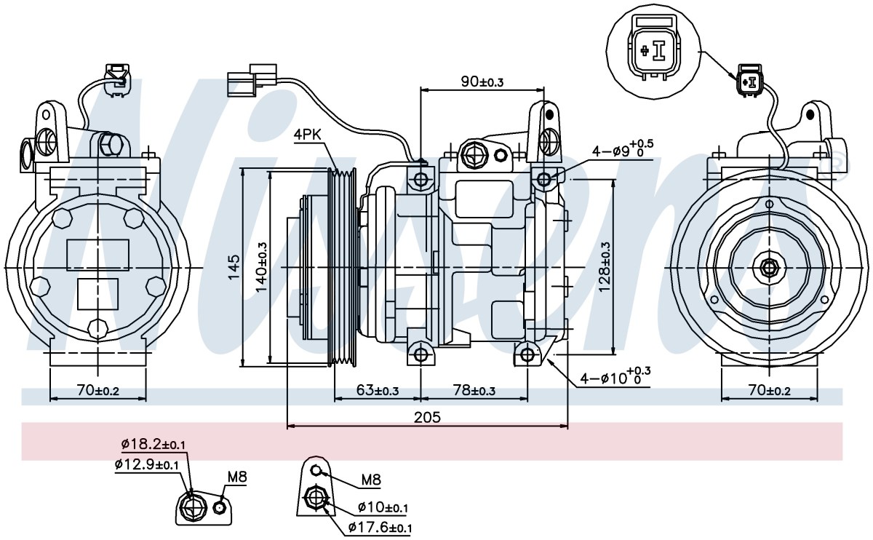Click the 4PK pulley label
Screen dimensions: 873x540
coord(307,135)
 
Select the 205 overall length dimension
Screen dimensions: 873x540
coord(427,418)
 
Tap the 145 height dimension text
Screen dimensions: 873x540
coord(234,268)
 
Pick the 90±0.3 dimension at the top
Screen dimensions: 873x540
coord(482,82)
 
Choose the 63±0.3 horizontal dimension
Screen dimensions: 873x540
coord(378,390)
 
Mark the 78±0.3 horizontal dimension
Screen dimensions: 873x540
coord(474,390)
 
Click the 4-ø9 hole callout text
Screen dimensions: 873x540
coord(623,148)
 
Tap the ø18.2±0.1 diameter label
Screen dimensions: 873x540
coord(154,444)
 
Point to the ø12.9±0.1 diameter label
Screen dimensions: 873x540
coord(146,464)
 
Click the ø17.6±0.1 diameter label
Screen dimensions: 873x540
coord(380,528)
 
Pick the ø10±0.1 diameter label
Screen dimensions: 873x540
coord(383,507)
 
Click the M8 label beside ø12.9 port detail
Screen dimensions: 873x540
coord(237,477)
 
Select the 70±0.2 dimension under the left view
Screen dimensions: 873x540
coord(97,390)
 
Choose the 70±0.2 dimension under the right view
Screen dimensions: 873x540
coord(770,390)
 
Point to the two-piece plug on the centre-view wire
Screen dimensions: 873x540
coord(252,80)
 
